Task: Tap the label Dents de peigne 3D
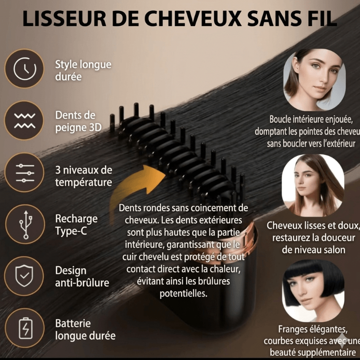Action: (77, 121)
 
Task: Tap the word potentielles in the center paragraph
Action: (184, 294)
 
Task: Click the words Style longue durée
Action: (83, 70)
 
